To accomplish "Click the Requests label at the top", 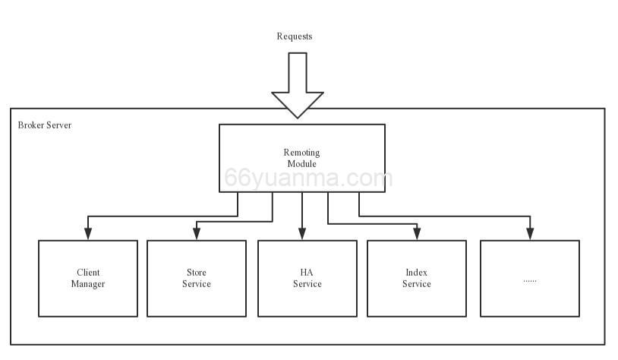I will [294, 36].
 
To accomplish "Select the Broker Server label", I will [45, 125].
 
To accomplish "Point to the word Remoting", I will [301, 153].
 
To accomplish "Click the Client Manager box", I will [88, 278].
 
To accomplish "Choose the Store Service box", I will [197, 278].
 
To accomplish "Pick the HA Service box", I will [307, 278].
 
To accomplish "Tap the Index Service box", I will [417, 278].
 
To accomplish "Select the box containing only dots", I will [529, 278].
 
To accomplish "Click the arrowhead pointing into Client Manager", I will [88, 234].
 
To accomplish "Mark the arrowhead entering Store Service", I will [197, 234].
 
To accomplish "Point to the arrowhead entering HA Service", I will [302, 234].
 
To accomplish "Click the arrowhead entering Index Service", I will [417, 234].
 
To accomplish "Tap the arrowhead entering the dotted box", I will [530, 234].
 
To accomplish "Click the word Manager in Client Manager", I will [88, 284].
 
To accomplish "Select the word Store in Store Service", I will [197, 272].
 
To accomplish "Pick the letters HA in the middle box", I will [307, 272].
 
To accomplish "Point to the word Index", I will [417, 272].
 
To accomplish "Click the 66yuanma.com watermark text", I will [308, 179].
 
